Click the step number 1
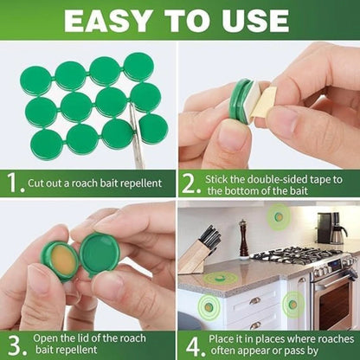click(14, 183)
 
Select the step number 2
click(190, 184)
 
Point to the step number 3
click(16, 345)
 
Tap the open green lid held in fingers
click(99, 254)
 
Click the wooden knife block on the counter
click(197, 253)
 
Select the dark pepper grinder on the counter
click(244, 239)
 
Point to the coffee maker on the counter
click(331, 228)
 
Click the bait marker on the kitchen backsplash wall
click(279, 216)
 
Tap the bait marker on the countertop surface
click(221, 278)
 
